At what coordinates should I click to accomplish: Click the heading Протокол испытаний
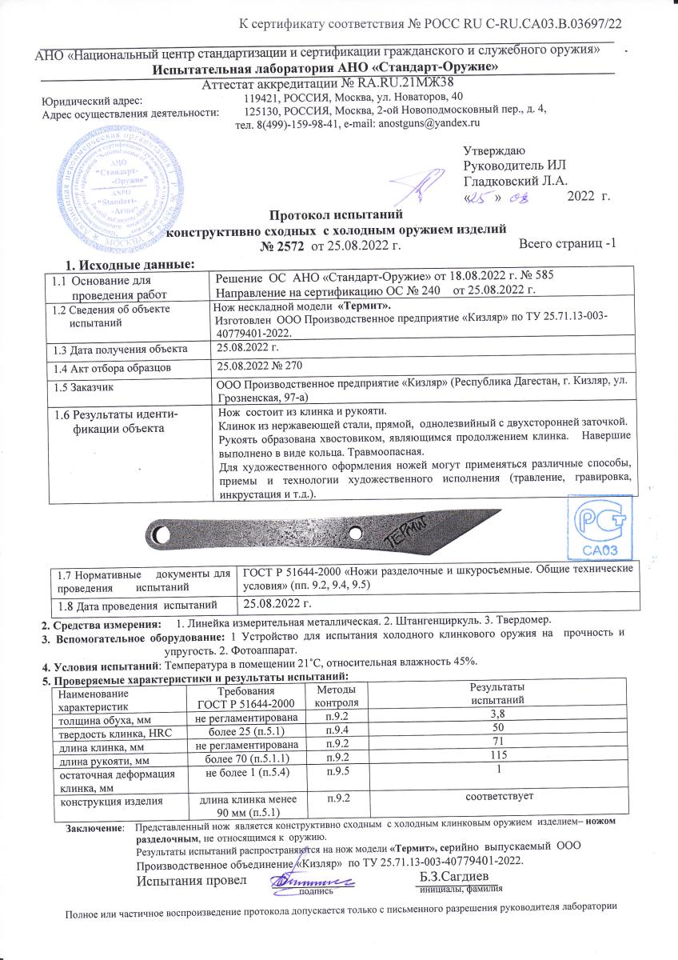coord(328,215)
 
